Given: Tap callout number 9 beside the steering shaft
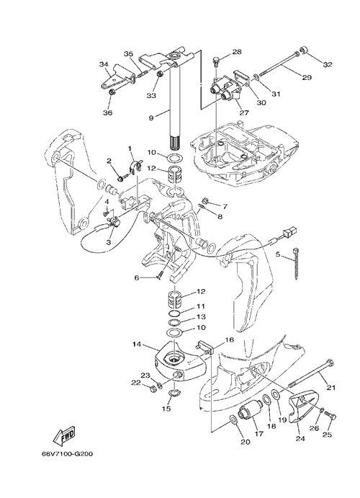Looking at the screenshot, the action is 150,117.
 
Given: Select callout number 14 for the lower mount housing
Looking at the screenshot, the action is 138,344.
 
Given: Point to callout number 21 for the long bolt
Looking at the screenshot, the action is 330,387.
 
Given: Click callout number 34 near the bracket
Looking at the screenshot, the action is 104,64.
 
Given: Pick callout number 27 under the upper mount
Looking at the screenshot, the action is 245,112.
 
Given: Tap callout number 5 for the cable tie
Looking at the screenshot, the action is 278,254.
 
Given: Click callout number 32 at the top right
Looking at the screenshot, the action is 328,64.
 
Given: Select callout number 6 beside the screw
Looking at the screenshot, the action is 137,278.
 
